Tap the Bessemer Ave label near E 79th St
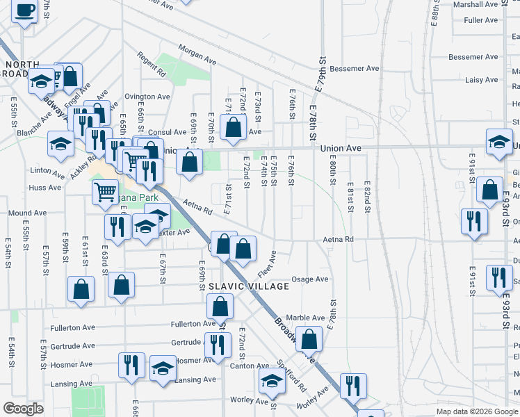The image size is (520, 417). coord(355,69)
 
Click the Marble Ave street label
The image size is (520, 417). coord(305,318)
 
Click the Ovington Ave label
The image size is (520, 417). coord(147,97)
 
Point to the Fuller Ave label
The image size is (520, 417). coord(481,20)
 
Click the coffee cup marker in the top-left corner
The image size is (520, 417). coord(25,11)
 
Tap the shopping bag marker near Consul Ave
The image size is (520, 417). coord(233,127)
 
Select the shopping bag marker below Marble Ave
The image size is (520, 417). coord(311,339)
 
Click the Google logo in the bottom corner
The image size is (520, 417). coord(23,409)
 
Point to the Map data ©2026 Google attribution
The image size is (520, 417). coord(478,411)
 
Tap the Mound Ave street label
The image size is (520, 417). coord(27,213)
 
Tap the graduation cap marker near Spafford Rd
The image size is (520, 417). coord(272,380)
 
